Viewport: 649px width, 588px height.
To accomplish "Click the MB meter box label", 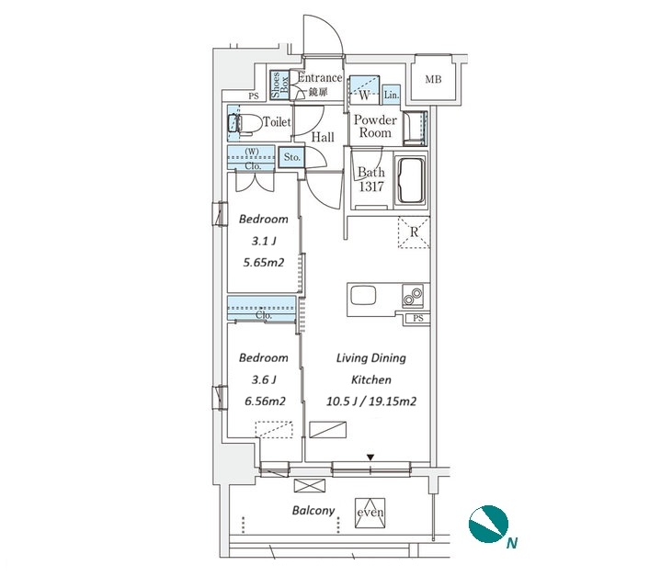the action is tap(433, 79).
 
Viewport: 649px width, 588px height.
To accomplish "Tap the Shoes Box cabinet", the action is tap(279, 85).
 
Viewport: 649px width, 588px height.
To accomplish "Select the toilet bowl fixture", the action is tap(245, 123).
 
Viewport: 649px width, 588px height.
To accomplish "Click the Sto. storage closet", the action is tap(291, 158).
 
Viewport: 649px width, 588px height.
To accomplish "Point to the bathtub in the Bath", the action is tap(411, 180).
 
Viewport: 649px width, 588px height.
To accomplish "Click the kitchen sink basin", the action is tap(363, 296).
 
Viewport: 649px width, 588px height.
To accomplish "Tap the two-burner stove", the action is tap(413, 296).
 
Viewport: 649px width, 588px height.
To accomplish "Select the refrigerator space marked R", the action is tap(414, 232).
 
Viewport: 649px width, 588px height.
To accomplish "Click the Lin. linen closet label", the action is tap(391, 96).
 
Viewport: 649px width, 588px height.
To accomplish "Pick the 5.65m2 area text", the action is tap(264, 263).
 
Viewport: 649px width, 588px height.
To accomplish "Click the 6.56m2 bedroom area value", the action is tap(265, 401).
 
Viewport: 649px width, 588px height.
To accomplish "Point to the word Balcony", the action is tap(313, 511).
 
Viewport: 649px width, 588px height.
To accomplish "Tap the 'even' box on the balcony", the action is tap(370, 513).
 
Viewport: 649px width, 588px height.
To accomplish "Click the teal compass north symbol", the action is tap(488, 525).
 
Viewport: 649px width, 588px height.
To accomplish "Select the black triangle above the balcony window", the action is tap(370, 458).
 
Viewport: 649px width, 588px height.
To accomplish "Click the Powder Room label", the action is tap(375, 126).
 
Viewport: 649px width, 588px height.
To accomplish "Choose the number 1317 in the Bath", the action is tap(371, 187).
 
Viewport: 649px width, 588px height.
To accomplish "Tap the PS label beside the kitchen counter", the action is tap(418, 318).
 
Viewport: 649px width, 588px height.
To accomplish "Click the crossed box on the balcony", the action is tap(310, 485).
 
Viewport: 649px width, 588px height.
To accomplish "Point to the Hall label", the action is tap(323, 137).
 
